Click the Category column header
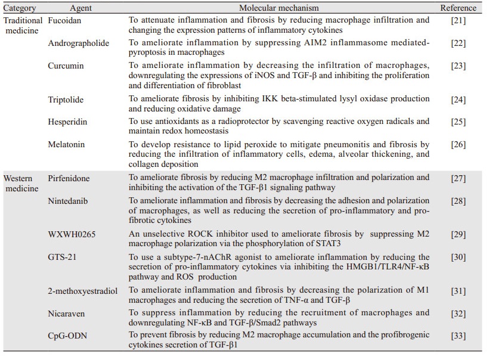tap(20, 8)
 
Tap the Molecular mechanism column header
tap(279, 8)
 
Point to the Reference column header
tap(459, 8)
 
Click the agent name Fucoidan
tap(65, 21)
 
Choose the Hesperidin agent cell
tap(67, 122)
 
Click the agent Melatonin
tap(67, 144)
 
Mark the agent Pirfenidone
tap(69, 178)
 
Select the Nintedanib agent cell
tap(68, 201)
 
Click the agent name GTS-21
tap(62, 257)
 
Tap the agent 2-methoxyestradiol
tap(82, 290)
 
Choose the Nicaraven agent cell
tap(66, 313)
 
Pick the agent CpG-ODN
tap(67, 336)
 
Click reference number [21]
tap(459, 21)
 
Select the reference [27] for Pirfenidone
tap(459, 178)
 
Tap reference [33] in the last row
tap(459, 336)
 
